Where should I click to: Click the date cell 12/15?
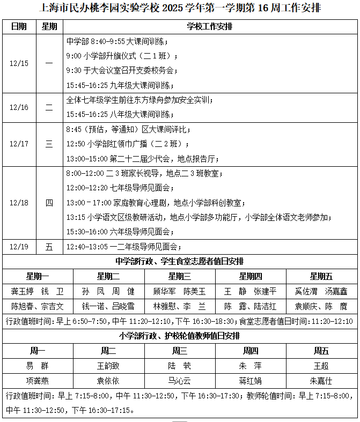19,63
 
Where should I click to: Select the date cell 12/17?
19,144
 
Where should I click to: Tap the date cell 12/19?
19,247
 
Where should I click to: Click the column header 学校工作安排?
210,27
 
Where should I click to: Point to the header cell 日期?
19,27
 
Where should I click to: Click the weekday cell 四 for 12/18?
49,203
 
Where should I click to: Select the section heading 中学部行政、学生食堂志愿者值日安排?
180,261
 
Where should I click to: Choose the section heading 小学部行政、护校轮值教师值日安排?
180,336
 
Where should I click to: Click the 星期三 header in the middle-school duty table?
180,277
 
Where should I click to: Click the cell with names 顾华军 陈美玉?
180,291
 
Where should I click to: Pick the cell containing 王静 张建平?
251,291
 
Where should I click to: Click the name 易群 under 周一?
38,366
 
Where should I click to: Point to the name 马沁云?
180,381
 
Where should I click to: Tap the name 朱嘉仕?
321,381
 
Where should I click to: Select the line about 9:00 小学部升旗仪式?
122,56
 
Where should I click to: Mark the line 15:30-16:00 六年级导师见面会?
119,232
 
